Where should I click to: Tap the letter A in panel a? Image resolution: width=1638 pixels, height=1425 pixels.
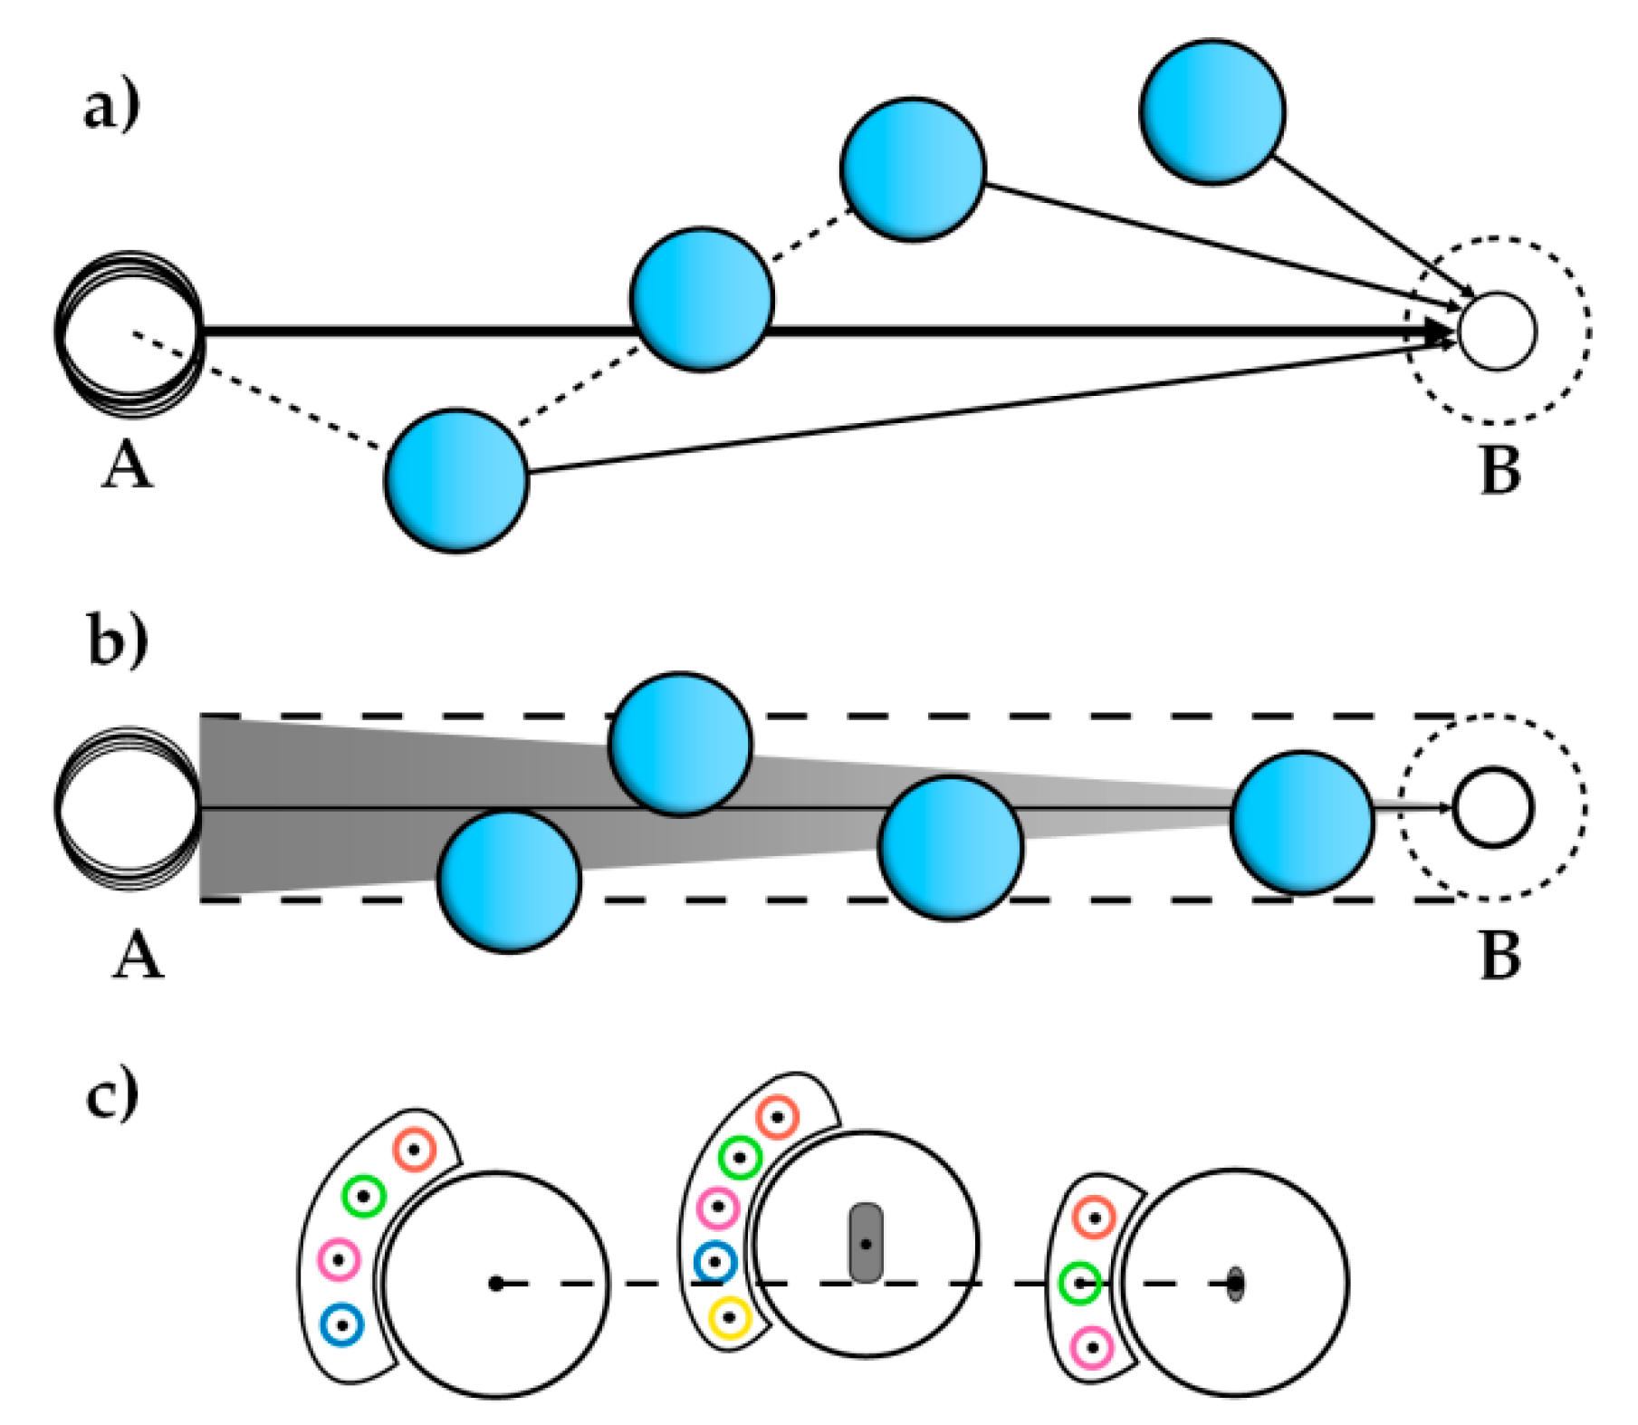pyautogui.click(x=126, y=468)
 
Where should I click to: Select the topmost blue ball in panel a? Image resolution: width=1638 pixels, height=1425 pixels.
pyautogui.click(x=1211, y=112)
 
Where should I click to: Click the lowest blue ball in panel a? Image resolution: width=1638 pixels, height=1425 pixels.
pyautogui.click(x=455, y=480)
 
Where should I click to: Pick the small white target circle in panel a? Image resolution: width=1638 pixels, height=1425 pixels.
pyautogui.click(x=1497, y=332)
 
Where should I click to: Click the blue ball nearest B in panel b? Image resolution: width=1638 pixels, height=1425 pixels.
pyautogui.click(x=1300, y=823)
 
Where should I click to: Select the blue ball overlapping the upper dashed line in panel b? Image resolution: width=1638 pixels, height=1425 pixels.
pyautogui.click(x=680, y=744)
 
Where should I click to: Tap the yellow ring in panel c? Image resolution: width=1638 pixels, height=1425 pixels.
pyautogui.click(x=729, y=1318)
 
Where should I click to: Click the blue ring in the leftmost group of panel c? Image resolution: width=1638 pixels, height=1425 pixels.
pyautogui.click(x=342, y=1325)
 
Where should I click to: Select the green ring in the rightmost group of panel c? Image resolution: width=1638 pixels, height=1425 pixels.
pyautogui.click(x=1079, y=1284)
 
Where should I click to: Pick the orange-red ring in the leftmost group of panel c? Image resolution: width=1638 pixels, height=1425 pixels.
pyautogui.click(x=415, y=1151)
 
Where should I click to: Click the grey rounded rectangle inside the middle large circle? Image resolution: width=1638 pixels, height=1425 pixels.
pyautogui.click(x=866, y=1242)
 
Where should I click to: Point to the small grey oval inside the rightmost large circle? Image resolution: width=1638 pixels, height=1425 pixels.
pyautogui.click(x=1235, y=1284)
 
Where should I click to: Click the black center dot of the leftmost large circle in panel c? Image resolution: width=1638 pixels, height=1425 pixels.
pyautogui.click(x=495, y=1284)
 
